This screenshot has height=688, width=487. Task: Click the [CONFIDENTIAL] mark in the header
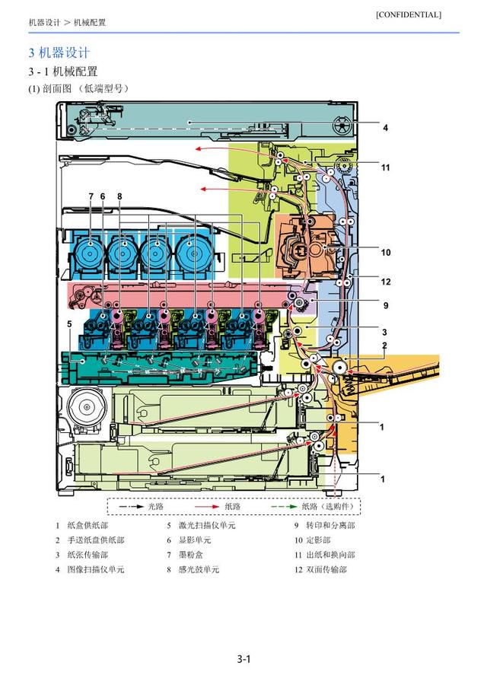[x=409, y=14]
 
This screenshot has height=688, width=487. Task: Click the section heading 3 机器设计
[x=59, y=53]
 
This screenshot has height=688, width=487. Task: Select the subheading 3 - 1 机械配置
[x=63, y=72]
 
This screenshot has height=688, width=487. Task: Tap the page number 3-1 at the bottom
[x=243, y=658]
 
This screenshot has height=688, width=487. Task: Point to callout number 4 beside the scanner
[x=385, y=128]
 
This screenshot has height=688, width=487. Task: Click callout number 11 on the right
[x=385, y=167]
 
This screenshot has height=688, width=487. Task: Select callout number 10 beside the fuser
[x=386, y=253]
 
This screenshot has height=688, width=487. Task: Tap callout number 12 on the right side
[x=386, y=282]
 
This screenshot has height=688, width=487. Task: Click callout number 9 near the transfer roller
[x=386, y=305]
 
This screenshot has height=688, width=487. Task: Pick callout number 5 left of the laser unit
[x=69, y=323]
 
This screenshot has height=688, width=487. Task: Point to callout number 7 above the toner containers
[x=91, y=196]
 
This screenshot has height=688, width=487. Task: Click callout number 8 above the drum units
[x=119, y=196]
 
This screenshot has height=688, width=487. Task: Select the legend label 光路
[x=156, y=506]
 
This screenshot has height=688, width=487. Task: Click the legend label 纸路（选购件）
[x=328, y=506]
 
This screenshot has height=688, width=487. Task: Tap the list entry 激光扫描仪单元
[x=207, y=525]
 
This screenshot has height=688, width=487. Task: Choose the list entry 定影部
[x=318, y=540]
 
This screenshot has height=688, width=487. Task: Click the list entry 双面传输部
[x=326, y=569]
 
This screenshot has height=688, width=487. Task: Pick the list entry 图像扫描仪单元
[x=96, y=569]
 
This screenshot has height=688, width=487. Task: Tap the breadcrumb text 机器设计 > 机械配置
[x=67, y=22]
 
